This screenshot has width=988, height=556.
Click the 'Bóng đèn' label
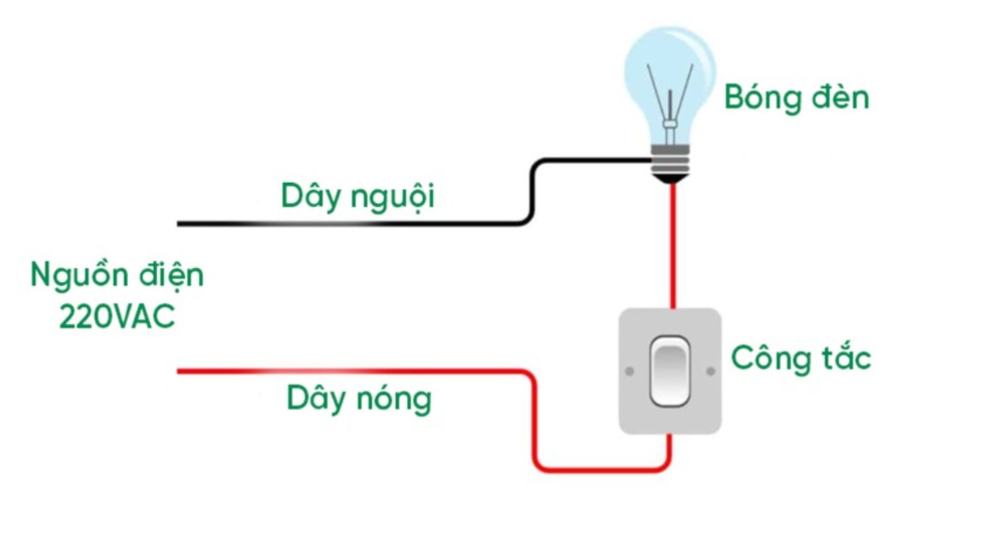pos(796,97)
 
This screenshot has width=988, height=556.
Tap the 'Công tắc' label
pos(801,358)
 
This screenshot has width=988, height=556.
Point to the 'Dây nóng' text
pos(359,398)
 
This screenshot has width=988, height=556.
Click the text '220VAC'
pos(117,316)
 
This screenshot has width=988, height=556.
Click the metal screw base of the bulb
pos(670,160)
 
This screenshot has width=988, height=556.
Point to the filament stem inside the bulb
pos(670,116)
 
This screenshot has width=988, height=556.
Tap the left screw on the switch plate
pos(629,371)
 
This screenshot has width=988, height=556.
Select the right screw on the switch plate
pos(711,371)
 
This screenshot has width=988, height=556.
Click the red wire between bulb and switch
pos(673,247)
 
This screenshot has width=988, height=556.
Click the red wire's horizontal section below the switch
pos(602,470)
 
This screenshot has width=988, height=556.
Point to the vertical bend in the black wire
pos(533,193)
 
